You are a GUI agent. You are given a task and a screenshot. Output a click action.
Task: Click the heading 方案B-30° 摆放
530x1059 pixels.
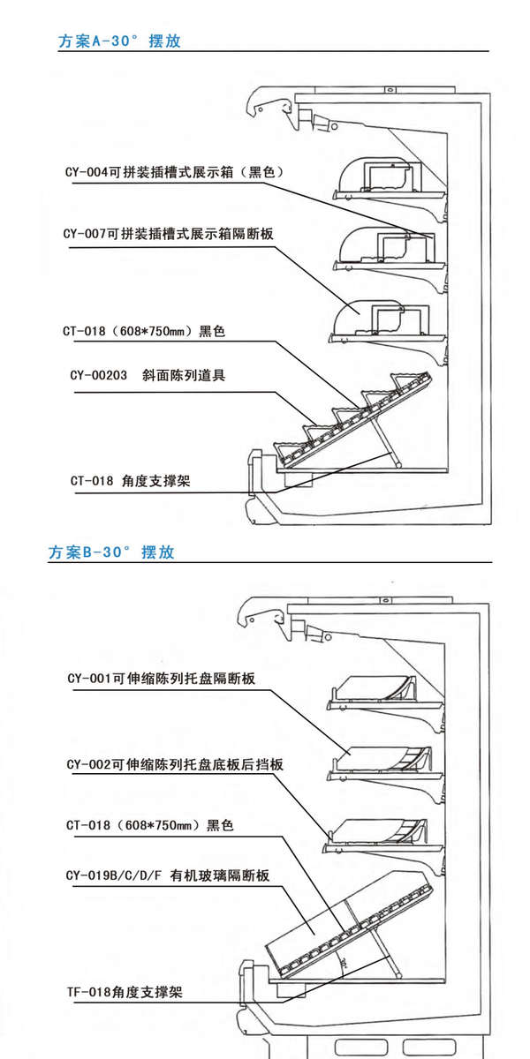(x=112, y=553)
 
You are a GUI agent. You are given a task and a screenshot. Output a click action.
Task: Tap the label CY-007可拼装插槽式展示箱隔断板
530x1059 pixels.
(x=167, y=234)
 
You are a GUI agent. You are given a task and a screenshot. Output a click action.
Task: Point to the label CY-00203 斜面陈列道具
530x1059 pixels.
(x=148, y=376)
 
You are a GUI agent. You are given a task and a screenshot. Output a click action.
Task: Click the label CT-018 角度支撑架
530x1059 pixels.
(x=130, y=481)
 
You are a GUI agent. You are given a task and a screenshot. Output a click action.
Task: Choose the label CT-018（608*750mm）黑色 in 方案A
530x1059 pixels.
(x=144, y=332)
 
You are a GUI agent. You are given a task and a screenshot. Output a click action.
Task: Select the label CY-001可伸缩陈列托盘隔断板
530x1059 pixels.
(x=161, y=679)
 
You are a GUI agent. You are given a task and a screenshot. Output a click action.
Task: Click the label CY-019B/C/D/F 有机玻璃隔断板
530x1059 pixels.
(x=167, y=875)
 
